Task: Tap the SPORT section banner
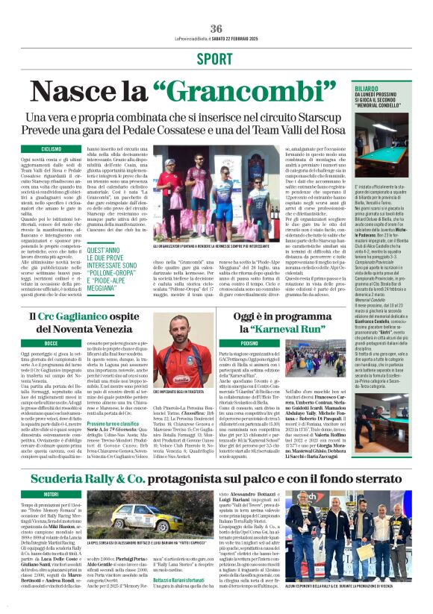(216, 58)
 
